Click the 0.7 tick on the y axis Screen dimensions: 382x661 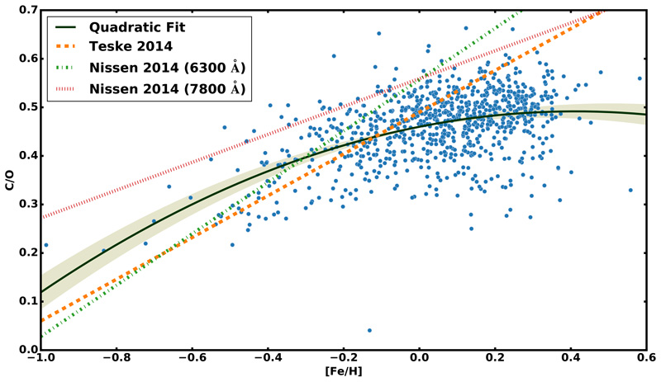click(24, 10)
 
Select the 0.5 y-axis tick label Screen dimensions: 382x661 click(24, 107)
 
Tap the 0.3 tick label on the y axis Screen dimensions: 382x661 click(24, 205)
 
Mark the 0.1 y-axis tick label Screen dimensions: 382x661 click(24, 301)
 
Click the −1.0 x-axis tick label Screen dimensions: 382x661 click(38, 361)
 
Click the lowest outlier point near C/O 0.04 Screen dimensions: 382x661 click(369, 330)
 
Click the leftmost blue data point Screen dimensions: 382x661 click(45, 245)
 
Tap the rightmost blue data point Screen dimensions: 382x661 click(640, 78)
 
